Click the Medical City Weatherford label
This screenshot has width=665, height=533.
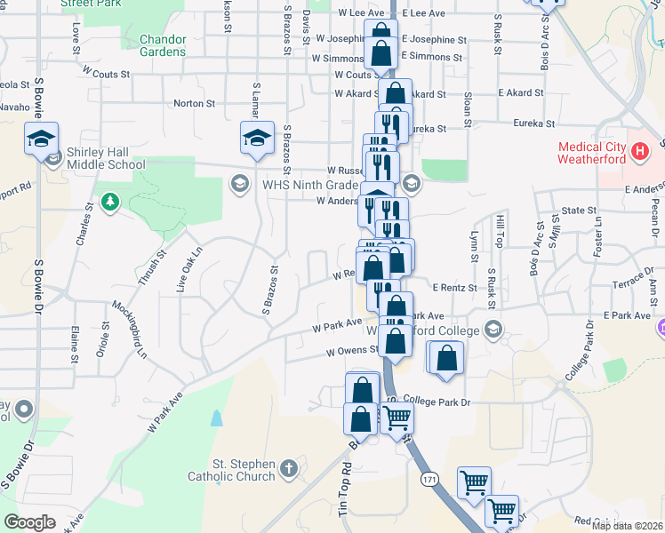tap(592, 153)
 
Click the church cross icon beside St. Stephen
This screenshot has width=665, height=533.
tap(288, 468)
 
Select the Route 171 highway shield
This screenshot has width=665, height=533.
tap(429, 479)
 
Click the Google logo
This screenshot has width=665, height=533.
tap(29, 522)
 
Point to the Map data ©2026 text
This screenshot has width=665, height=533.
tap(627, 526)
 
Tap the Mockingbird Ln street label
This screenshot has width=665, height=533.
tap(129, 329)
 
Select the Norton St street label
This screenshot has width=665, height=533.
tap(195, 104)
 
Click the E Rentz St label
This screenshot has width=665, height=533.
tap(455, 287)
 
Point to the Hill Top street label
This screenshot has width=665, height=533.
tap(501, 231)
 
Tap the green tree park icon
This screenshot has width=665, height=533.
tap(110, 202)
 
